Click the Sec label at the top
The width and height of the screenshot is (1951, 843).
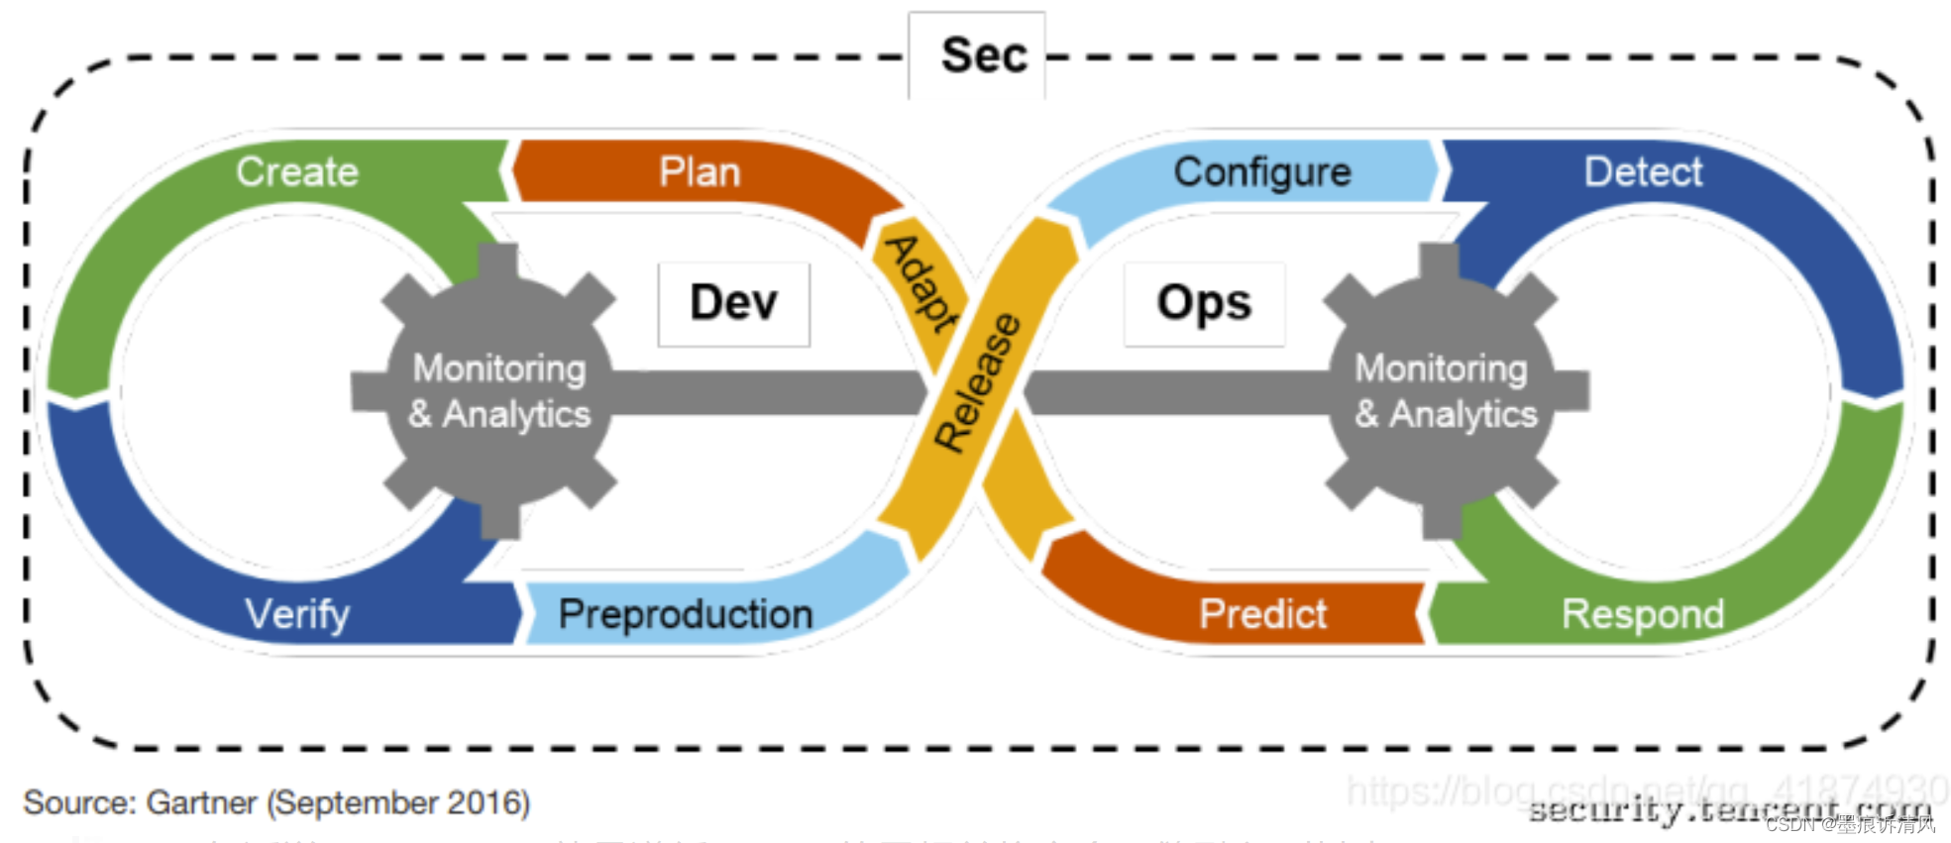(983, 55)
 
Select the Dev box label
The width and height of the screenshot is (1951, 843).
(733, 302)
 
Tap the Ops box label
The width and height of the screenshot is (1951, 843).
(1204, 302)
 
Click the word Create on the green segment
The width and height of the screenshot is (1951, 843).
(297, 172)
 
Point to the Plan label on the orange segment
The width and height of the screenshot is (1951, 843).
(700, 172)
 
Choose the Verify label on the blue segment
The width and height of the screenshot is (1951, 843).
(297, 614)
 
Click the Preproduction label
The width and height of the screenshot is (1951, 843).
(686, 614)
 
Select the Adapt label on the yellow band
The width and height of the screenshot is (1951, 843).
(922, 284)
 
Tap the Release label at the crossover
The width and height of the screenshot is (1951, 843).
(977, 382)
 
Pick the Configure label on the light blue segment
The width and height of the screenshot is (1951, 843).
(1262, 172)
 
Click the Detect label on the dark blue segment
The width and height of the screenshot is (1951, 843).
(1643, 172)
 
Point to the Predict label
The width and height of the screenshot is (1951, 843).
(1262, 614)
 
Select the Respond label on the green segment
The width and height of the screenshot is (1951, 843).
(1643, 614)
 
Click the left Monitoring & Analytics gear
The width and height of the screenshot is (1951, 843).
(498, 391)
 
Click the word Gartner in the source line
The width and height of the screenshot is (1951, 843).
(202, 802)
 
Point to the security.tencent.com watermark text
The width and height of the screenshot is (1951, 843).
(1729, 810)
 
